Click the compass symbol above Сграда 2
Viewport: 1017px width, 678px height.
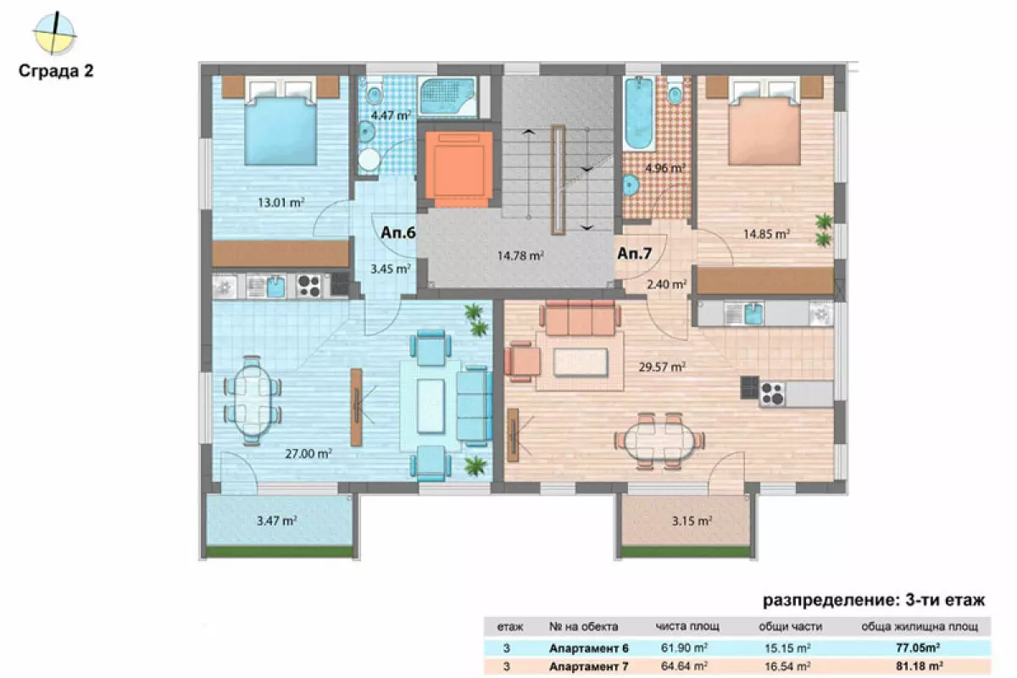54,34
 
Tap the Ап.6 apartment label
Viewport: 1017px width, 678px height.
397,232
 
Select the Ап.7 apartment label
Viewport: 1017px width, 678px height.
635,253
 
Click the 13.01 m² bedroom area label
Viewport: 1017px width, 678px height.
281,203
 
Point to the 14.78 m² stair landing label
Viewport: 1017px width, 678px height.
520,256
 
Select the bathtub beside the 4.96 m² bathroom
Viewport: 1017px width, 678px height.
639,113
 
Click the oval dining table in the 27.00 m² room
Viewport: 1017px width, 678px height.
252,401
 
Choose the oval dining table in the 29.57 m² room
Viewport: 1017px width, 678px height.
659,441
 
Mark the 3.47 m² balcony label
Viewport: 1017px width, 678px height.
277,520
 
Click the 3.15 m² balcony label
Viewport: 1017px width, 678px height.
692,520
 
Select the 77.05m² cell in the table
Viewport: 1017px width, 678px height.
918,647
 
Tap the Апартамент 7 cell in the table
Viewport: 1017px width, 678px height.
588,667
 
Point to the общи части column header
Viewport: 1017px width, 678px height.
790,626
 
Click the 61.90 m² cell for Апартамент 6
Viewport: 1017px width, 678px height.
684,647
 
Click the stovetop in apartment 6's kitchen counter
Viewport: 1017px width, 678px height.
308,286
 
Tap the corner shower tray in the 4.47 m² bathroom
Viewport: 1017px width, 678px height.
447,97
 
